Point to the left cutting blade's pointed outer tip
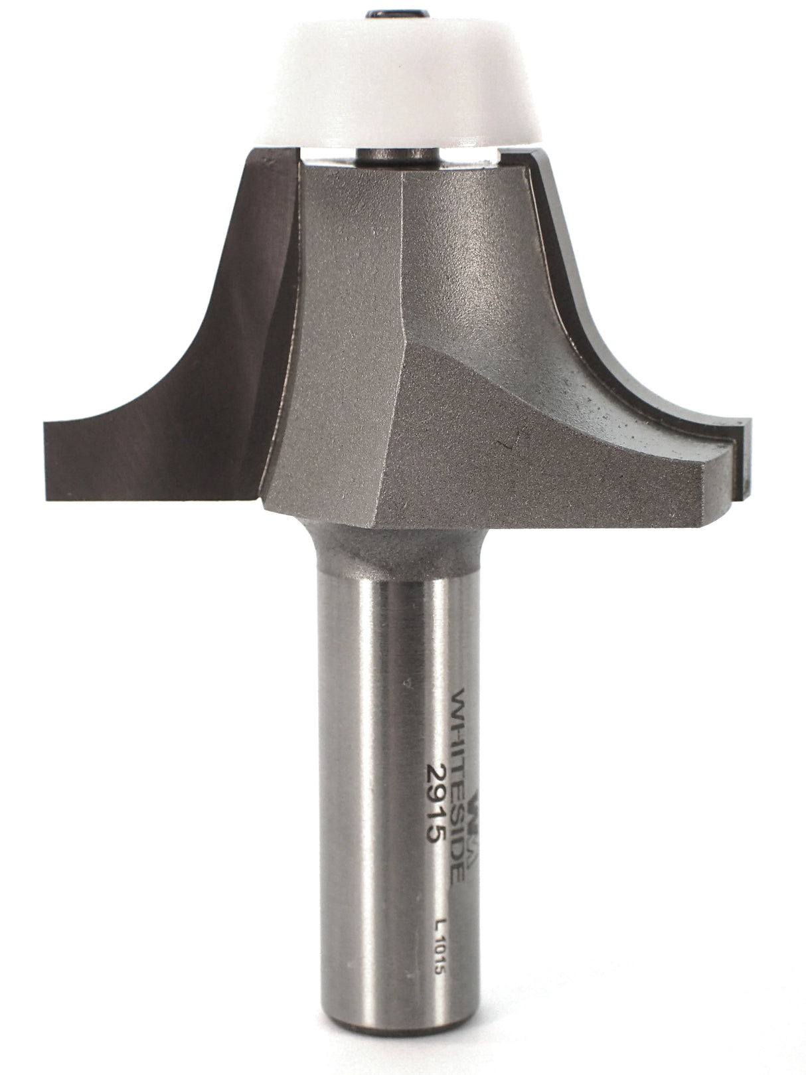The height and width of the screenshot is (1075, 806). pos(45,425)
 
